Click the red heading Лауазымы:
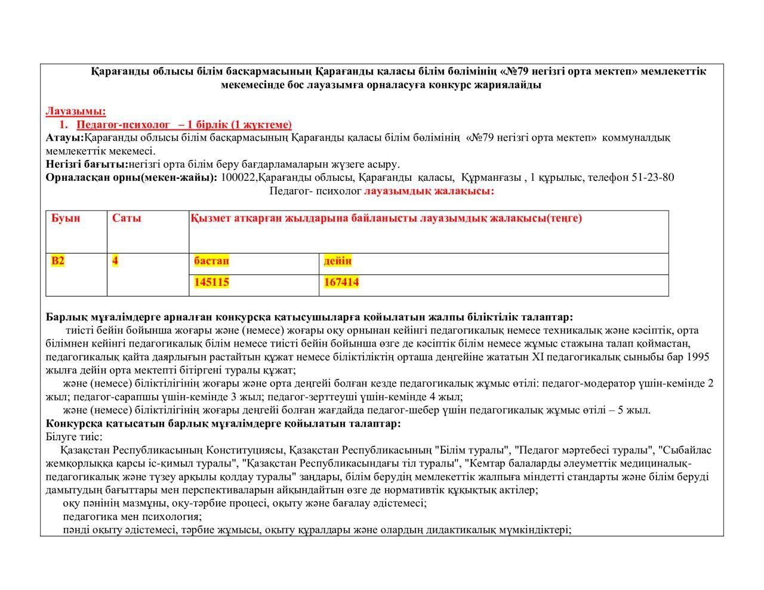(x=76, y=111)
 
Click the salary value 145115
(x=211, y=282)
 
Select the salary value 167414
(x=341, y=282)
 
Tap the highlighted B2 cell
(x=58, y=261)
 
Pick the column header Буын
(x=66, y=218)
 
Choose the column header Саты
(x=127, y=218)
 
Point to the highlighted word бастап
(x=211, y=261)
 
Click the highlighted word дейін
(x=338, y=261)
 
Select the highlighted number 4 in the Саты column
(x=115, y=261)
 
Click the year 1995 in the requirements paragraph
(x=698, y=357)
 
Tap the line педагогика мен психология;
(x=132, y=517)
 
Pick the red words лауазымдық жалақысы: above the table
(x=429, y=191)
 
